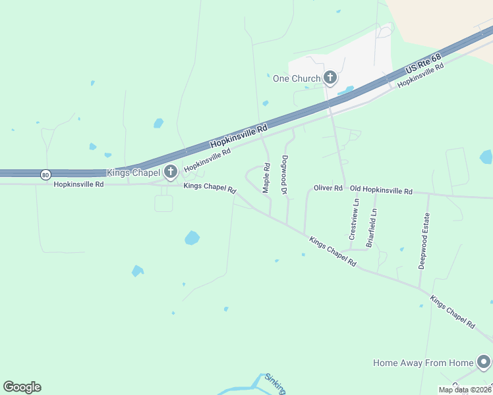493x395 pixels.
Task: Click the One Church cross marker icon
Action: click(x=330, y=79)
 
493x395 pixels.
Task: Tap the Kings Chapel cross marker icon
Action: click(x=171, y=173)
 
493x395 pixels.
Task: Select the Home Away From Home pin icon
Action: click(x=484, y=363)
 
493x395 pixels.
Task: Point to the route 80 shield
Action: click(x=45, y=174)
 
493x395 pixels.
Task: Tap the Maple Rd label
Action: click(x=266, y=178)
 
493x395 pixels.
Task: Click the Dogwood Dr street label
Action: click(x=285, y=174)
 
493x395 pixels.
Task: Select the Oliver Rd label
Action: click(x=328, y=188)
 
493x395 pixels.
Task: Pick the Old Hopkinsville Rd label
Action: click(x=381, y=190)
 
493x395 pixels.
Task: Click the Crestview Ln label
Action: click(x=354, y=219)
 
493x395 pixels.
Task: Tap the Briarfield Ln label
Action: click(x=372, y=227)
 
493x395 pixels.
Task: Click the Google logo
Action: click(x=22, y=387)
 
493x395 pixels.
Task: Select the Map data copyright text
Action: click(x=464, y=390)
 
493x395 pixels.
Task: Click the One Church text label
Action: click(x=297, y=79)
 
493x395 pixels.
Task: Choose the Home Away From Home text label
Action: click(x=423, y=363)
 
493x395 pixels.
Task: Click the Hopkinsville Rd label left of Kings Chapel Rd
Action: click(x=78, y=185)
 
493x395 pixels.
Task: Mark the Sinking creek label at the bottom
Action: click(x=275, y=384)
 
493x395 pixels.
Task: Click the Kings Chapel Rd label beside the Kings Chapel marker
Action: click(x=209, y=188)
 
